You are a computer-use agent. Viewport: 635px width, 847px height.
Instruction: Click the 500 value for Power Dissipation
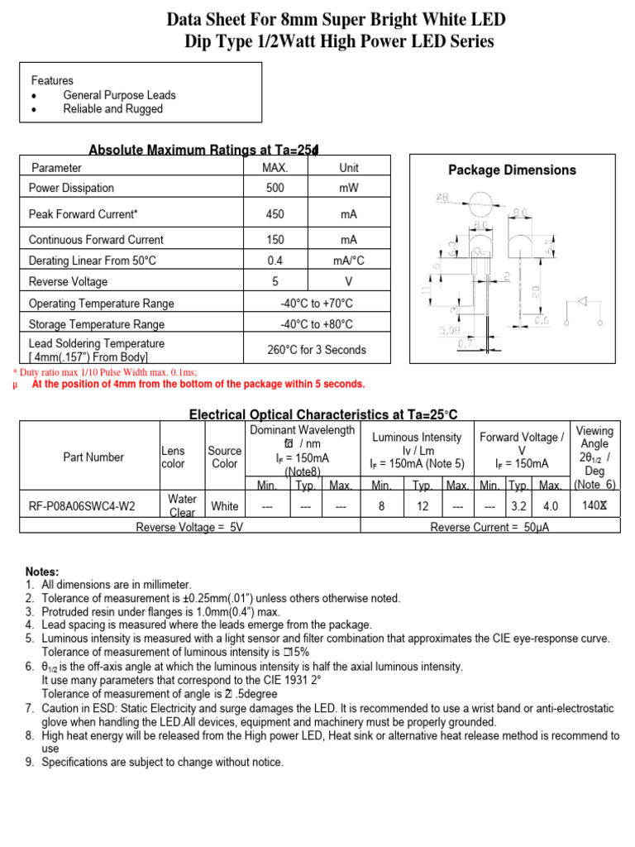[275, 189]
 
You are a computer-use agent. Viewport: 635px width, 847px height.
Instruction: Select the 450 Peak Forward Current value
[275, 214]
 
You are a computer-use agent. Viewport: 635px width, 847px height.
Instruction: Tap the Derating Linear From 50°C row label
[92, 261]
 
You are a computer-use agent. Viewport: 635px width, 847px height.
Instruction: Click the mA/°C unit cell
[348, 261]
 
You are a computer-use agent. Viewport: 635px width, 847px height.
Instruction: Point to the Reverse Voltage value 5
[275, 282]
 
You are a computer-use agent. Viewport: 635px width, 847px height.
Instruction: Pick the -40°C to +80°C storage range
[316, 324]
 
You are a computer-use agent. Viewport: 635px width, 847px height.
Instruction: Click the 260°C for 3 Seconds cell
[316, 350]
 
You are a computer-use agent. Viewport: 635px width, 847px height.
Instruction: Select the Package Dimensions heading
[512, 170]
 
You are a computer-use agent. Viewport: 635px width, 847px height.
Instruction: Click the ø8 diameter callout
[442, 198]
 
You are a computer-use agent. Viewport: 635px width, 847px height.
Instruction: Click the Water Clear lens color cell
[181, 505]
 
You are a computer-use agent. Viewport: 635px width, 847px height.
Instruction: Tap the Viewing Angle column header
[594, 457]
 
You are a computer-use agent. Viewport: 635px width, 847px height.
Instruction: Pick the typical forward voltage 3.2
[518, 505]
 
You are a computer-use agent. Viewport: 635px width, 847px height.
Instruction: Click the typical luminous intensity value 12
[423, 505]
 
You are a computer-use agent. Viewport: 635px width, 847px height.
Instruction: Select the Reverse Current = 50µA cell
[489, 527]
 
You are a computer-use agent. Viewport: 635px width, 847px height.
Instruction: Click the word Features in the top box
[52, 81]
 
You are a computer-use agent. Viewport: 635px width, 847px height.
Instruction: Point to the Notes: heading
[42, 572]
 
